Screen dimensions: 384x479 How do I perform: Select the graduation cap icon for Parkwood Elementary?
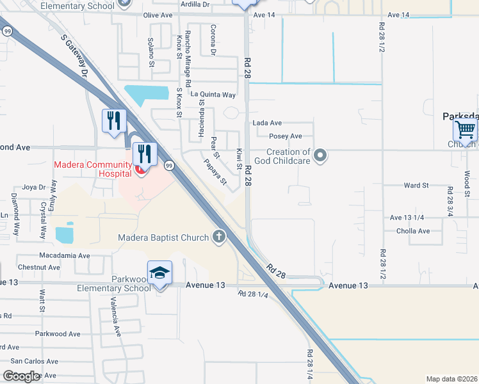[159, 273]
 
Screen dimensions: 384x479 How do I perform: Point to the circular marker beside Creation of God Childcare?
[321, 156]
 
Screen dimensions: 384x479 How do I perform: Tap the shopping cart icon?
[465, 130]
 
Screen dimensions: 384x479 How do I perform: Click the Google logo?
[22, 376]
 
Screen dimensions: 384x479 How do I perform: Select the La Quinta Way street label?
[212, 95]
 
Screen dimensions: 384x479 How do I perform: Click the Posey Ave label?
[285, 136]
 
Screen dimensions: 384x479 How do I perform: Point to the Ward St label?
[416, 185]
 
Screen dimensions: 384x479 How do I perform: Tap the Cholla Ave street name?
[413, 231]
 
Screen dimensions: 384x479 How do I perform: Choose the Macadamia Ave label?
[64, 255]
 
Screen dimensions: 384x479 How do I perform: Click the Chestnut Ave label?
[39, 267]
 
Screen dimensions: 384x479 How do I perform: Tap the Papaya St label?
[216, 172]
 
